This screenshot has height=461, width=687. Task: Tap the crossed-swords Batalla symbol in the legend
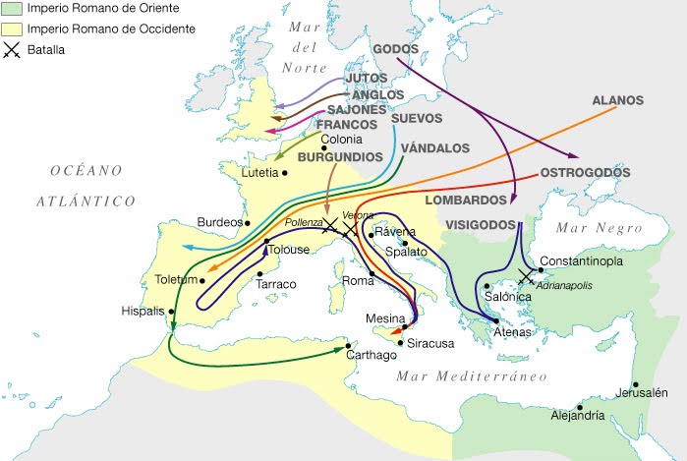(x=10, y=48)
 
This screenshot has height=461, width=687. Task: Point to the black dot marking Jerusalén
(x=637, y=384)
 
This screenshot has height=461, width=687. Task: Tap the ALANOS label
(x=617, y=100)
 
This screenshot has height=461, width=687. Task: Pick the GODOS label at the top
(x=396, y=49)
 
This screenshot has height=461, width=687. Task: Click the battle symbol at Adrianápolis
(x=526, y=278)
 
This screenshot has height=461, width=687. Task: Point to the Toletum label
(x=177, y=280)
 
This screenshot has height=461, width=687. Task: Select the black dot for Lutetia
(x=285, y=173)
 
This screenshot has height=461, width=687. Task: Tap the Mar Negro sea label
(x=590, y=228)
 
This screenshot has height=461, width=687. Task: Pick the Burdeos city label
(x=219, y=222)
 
